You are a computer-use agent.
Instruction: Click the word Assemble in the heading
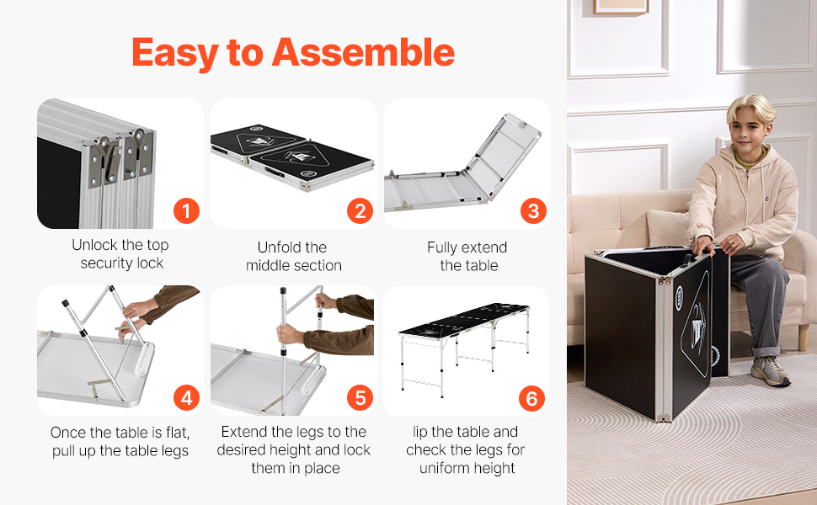363,52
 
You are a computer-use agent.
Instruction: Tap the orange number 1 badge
186,211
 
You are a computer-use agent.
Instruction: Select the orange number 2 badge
360,211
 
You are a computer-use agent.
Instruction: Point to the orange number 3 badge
533,211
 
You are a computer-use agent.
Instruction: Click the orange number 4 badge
186,398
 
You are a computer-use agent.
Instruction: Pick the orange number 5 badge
360,398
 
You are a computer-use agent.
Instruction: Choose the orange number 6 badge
531,398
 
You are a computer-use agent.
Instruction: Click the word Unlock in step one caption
94,245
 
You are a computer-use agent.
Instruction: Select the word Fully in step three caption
442,248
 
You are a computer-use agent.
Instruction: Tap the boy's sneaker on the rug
771,370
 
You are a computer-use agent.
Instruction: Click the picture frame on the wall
621,6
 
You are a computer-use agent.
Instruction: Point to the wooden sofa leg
804,338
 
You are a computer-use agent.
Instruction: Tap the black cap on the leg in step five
283,291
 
